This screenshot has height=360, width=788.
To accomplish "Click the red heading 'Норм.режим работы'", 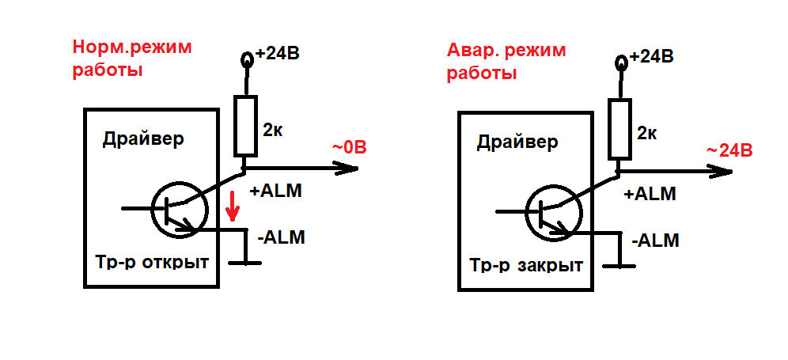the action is tap(132, 59).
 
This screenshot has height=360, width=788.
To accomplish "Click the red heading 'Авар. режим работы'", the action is tap(506, 62).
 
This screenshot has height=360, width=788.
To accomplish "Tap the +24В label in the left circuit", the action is tap(278, 53).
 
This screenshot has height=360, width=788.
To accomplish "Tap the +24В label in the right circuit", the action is tap(651, 56).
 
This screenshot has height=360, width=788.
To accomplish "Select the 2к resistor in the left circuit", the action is tap(246, 125).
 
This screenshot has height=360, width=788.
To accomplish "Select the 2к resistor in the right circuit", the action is tap(619, 130).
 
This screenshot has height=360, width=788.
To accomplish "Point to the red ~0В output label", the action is tap(349, 148).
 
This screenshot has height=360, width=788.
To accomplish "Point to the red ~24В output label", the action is tap(729, 150).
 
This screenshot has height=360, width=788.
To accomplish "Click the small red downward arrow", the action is tap(232, 206).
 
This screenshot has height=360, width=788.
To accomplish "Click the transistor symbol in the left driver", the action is tap(180, 210).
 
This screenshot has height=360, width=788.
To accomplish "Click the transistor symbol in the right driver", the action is tap(553, 212).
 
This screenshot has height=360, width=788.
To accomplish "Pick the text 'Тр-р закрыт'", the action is tap(526, 264).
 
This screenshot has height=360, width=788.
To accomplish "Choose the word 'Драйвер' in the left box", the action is tap(143, 139).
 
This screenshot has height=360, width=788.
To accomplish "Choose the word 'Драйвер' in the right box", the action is tap(517, 142).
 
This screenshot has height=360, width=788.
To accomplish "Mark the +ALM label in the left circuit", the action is tap(276, 191).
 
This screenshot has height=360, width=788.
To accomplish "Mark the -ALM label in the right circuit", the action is tap(655, 241).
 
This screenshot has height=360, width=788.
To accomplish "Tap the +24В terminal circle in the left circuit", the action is tap(247, 60).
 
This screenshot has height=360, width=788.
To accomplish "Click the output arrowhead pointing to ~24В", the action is tap(722, 172).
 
